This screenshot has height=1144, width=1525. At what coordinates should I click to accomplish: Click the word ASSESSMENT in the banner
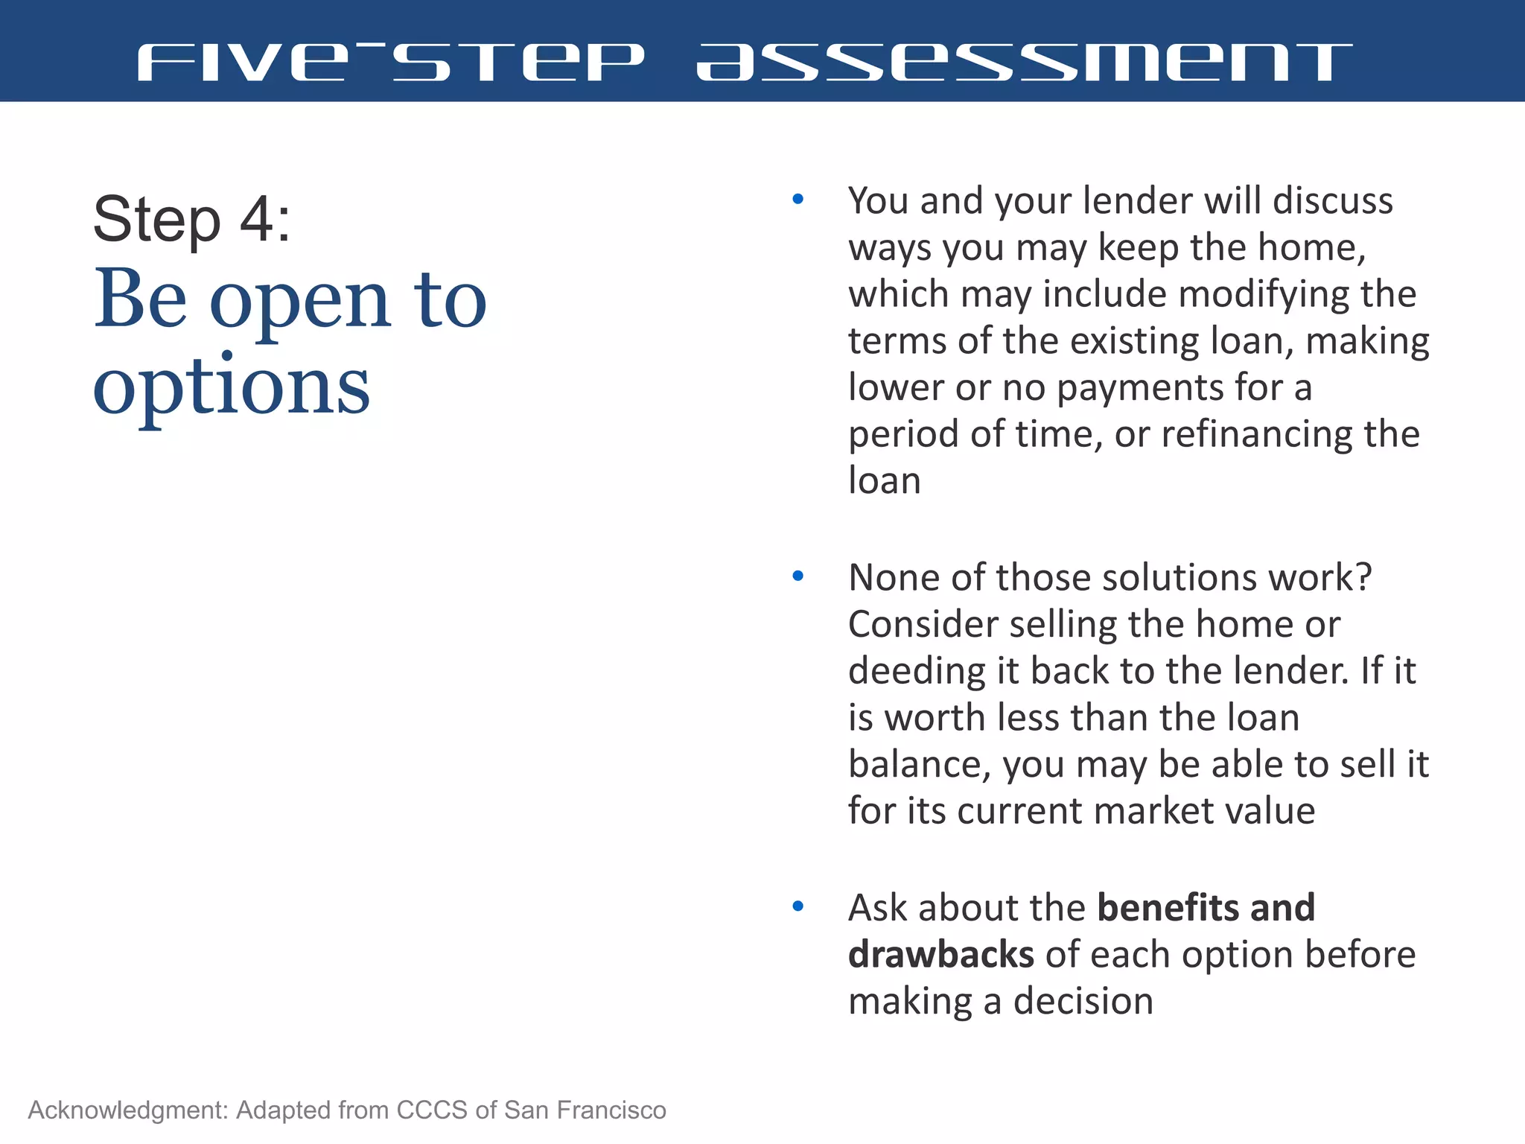(1024, 62)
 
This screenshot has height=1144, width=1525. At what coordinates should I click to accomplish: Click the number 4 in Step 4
(257, 219)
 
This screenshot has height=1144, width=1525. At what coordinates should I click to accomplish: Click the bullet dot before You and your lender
(798, 200)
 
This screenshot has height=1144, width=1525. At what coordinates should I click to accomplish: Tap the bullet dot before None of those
(798, 576)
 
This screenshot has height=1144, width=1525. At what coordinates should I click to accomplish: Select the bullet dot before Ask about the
(798, 906)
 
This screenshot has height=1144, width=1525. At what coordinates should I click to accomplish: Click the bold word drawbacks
(940, 955)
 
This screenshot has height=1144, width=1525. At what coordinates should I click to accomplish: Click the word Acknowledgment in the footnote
(127, 1110)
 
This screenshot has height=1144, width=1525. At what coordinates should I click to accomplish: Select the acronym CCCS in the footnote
(433, 1110)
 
